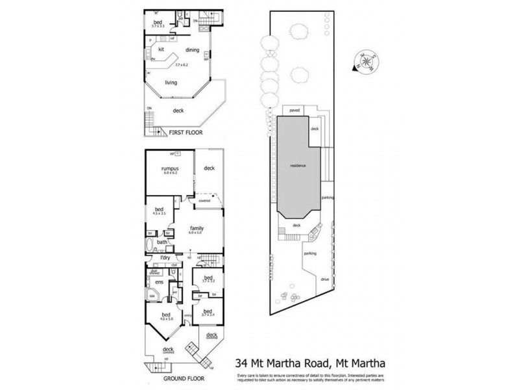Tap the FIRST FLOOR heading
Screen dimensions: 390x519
186,132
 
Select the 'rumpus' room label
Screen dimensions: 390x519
170,170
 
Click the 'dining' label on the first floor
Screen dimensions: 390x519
191,50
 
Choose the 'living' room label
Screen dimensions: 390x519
171,83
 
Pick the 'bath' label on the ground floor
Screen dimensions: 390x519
162,242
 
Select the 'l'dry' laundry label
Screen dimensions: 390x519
165,259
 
